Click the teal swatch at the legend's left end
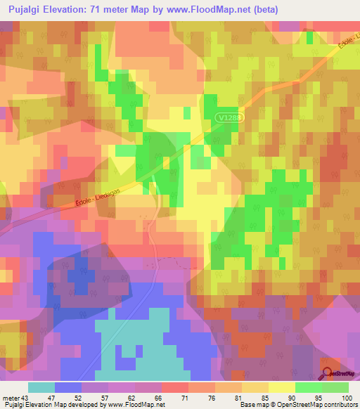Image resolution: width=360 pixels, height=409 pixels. [x=41, y=387]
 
